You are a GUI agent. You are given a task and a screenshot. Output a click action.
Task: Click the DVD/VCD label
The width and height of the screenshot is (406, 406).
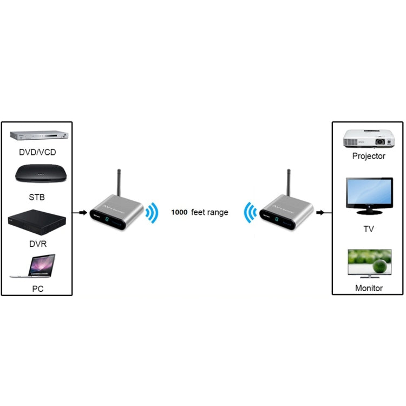pos(37,153)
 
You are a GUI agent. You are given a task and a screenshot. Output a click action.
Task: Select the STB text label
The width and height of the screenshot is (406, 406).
pos(37,197)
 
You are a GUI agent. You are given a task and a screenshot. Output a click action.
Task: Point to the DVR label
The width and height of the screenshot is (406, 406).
pos(37,244)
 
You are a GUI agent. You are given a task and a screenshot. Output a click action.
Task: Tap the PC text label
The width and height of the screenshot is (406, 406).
pos(37,289)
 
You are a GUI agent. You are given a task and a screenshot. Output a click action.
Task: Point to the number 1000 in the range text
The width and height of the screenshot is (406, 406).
pos(179,213)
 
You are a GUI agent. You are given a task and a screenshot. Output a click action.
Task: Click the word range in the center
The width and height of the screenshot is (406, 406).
pos(217,213)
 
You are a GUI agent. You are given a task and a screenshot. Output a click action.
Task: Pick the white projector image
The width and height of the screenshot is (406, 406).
pos(368,137)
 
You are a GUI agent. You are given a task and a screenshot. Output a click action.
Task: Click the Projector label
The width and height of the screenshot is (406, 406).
pos(369,156)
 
